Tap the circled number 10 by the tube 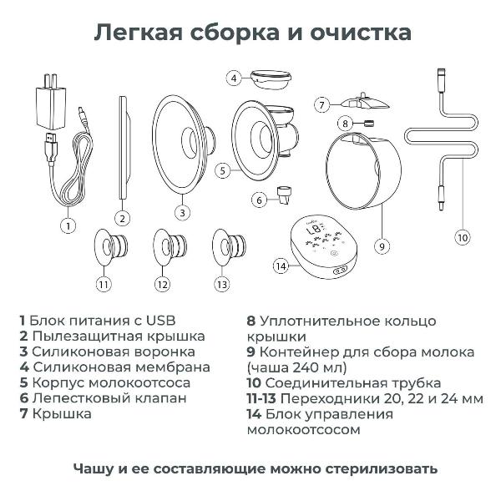click(x=462, y=236)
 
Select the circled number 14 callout click(x=281, y=266)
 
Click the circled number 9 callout click(x=380, y=246)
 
